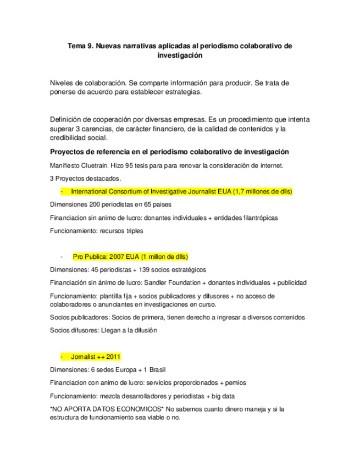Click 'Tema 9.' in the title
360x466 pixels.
point(80,47)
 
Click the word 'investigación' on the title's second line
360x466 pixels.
point(180,56)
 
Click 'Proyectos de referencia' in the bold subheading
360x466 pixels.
point(90,152)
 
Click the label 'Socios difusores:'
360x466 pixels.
point(73,330)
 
